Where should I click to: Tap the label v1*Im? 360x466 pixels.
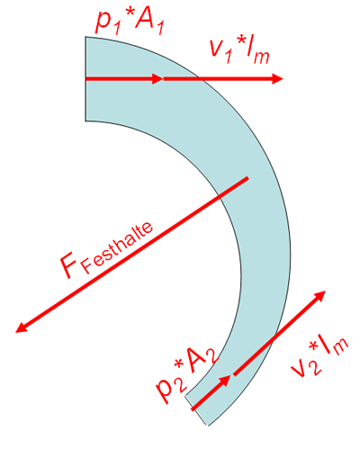pyautogui.click(x=240, y=50)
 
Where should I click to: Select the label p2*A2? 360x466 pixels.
pyautogui.click(x=187, y=373)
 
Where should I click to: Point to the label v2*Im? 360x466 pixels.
pyautogui.click(x=319, y=357)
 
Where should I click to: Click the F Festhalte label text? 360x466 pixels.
pyautogui.click(x=106, y=250)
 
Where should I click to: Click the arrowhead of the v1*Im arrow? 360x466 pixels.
pyautogui.click(x=277, y=78)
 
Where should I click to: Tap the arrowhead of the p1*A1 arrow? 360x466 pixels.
pyautogui.click(x=157, y=78)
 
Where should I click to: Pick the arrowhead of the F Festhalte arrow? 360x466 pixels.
pyautogui.click(x=21, y=327)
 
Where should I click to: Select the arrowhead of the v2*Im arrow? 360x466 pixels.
pyautogui.click(x=320, y=295)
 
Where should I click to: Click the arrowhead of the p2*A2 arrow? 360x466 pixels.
pyautogui.click(x=226, y=380)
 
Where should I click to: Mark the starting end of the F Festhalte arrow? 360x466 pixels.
pyautogui.click(x=247, y=178)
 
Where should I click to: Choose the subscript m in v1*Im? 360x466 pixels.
pyautogui.click(x=261, y=58)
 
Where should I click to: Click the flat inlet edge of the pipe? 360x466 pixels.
pyautogui.click(x=85, y=78)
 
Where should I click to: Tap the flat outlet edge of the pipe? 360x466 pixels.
pyautogui.click(x=196, y=410)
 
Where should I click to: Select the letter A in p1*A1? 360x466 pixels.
pyautogui.click(x=146, y=20)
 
